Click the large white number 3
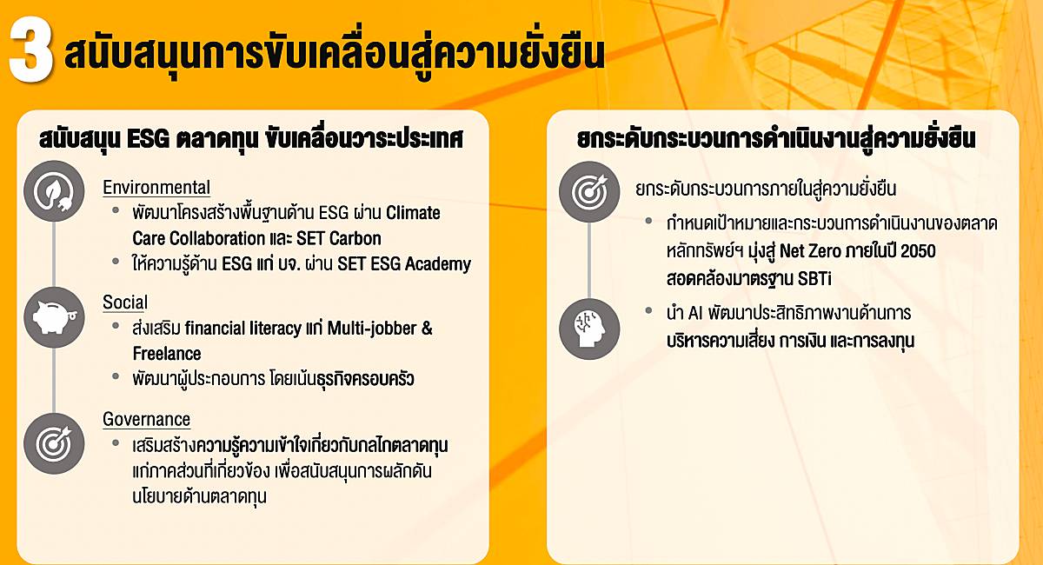[x=30, y=50]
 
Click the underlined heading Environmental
[x=156, y=187]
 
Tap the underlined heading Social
[x=125, y=302]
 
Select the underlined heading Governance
[x=146, y=419]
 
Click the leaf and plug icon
[x=54, y=191]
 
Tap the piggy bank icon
[x=54, y=317]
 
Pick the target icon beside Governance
[x=54, y=443]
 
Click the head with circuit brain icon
[x=589, y=329]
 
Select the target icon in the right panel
[x=589, y=191]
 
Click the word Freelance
[x=167, y=354]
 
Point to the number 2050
[x=918, y=251]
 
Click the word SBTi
[x=814, y=278]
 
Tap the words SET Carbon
[x=338, y=238]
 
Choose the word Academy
[x=438, y=264]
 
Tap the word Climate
[x=413, y=213]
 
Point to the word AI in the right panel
[x=694, y=313]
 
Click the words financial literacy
[x=242, y=329]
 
